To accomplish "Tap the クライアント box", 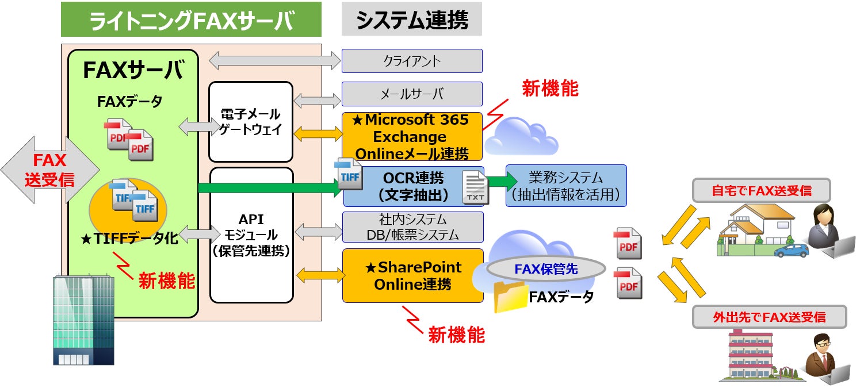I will coord(412,61).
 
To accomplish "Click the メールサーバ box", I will coord(412,94).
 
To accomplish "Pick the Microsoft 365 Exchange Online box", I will coord(412,137).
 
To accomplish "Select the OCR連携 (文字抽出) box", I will coord(413,186).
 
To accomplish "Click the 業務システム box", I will coord(566,186).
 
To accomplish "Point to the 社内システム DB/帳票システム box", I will coord(412,227).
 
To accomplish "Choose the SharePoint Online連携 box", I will coord(412,275).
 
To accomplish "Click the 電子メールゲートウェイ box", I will coord(251,122).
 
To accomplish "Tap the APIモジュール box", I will coord(251,235).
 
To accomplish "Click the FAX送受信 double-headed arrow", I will coord(49,170).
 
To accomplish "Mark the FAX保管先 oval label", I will coord(546,268).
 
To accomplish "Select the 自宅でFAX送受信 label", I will coord(761,190).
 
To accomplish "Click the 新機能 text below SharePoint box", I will coord(457,335).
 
